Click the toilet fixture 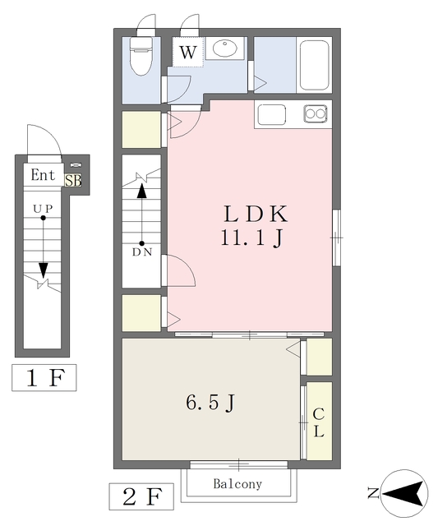141,56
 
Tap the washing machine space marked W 188,52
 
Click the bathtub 314,65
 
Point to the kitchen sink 272,114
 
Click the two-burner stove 316,113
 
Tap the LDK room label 256,214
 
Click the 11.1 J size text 251,238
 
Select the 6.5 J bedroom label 210,403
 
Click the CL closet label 319,422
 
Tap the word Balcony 237,484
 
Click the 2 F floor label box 141,496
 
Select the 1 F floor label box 44,377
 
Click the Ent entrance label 43,175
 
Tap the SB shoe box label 73,181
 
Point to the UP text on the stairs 43,209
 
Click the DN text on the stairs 142,252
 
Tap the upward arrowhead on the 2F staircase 142,191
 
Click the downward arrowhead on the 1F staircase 43,270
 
